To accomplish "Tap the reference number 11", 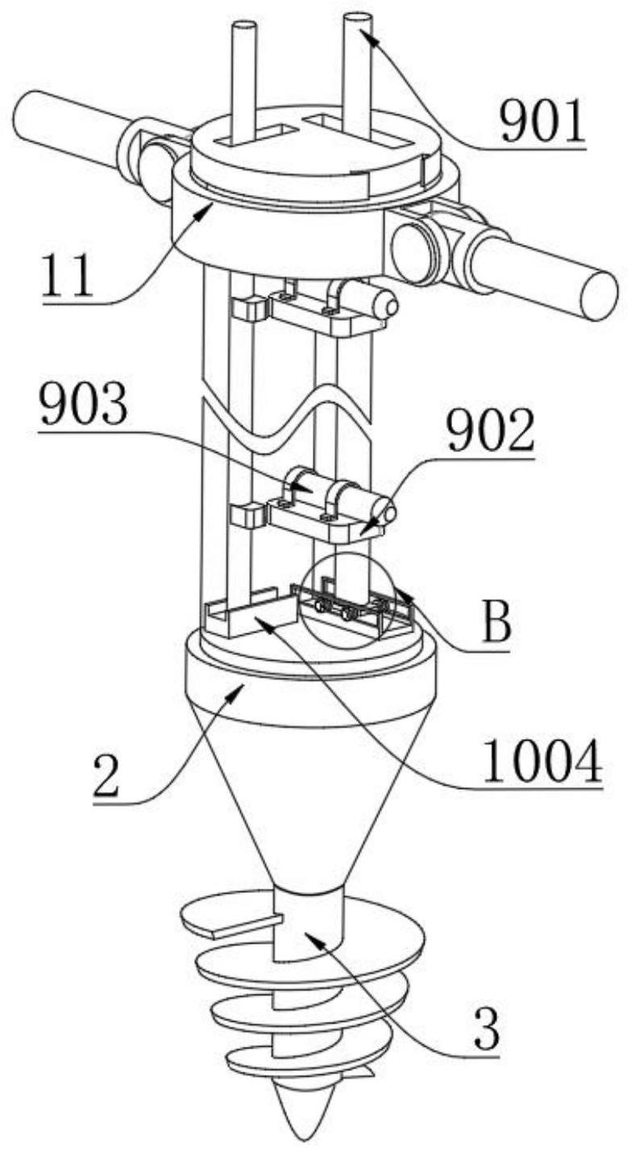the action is tap(68, 276).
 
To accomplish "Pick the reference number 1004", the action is tap(542, 761).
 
